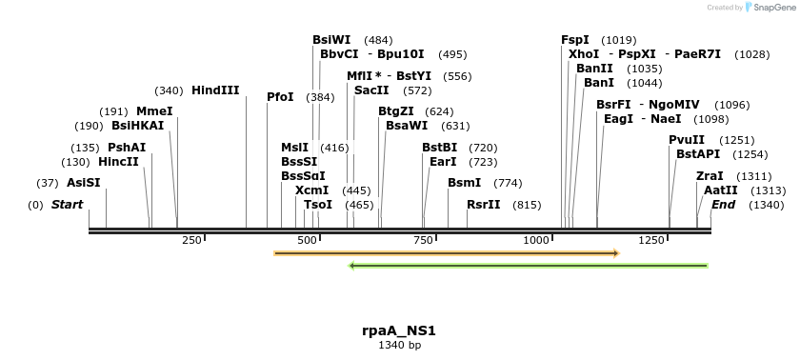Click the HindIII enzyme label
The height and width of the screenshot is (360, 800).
click(215, 90)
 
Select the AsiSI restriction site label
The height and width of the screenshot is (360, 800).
click(83, 183)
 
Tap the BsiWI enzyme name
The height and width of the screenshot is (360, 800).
click(331, 40)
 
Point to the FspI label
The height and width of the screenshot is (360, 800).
click(575, 40)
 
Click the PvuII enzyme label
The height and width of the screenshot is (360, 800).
click(687, 140)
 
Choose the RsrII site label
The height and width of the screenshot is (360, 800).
click(484, 205)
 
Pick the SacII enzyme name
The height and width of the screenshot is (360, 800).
click(371, 90)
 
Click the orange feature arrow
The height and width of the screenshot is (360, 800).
click(446, 253)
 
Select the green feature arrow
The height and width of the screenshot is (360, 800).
click(529, 265)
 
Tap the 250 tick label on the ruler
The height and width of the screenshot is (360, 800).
click(191, 240)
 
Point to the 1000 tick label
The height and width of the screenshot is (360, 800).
click(536, 240)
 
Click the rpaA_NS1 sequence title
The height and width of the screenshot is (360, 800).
click(399, 330)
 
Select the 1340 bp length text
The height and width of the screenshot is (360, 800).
click(399, 345)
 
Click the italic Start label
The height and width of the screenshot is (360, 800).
click(67, 205)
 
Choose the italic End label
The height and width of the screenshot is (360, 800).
click(723, 205)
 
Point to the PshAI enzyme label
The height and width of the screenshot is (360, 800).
click(127, 148)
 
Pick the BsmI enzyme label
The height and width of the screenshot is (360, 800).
click(464, 183)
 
